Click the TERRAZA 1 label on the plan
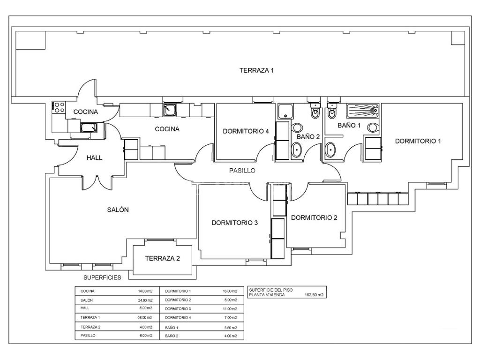click(x=256, y=70)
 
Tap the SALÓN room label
click(x=118, y=210)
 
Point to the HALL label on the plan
click(x=94, y=158)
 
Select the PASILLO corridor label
click(x=242, y=171)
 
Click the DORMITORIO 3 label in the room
click(x=234, y=223)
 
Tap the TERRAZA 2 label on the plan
click(x=162, y=258)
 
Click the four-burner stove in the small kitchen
click(x=59, y=107)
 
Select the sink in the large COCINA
click(x=169, y=110)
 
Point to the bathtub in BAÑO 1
click(x=363, y=111)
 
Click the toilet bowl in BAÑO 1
click(x=332, y=113)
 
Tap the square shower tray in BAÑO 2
click(x=285, y=112)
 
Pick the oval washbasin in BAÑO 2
click(x=297, y=150)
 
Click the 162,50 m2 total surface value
click(x=314, y=295)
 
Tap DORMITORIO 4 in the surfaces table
click(x=178, y=317)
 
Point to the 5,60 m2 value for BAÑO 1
click(x=230, y=327)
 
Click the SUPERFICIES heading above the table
click(x=102, y=277)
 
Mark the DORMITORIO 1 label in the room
click(x=418, y=141)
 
